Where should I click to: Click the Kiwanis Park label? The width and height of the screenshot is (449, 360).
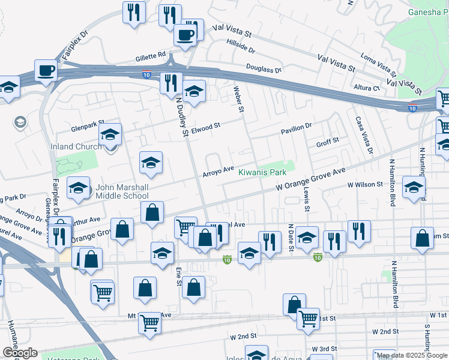click(262, 172)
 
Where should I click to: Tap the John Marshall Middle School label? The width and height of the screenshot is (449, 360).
click(122, 191)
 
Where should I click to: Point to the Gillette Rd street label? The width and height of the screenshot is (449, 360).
click(150, 55)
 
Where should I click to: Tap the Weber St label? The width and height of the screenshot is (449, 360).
click(239, 99)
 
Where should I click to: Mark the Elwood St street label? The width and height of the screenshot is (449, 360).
click(207, 126)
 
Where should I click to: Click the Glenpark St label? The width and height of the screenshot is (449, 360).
click(88, 128)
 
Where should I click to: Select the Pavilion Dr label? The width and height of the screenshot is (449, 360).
click(297, 127)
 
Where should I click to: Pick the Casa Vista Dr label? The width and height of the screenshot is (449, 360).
click(362, 135)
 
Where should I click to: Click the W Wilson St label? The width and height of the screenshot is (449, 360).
click(365, 185)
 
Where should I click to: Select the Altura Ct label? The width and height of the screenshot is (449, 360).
click(367, 88)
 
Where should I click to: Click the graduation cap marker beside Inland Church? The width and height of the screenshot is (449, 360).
click(110, 134)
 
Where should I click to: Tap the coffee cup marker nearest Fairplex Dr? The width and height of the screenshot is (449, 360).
click(46, 71)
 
